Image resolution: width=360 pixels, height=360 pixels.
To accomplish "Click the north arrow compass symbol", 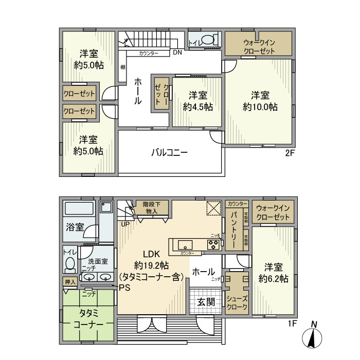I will tap(315, 336).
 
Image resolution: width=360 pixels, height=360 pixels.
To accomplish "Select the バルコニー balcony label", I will tap(169, 153).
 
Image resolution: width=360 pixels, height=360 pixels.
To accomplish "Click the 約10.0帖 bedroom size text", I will tap(260, 107).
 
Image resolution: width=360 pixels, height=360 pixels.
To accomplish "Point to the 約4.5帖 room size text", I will tap(197, 107).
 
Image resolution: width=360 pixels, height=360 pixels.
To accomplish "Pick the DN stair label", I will tap(177, 52).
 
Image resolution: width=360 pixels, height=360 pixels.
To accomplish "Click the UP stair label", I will tap(125, 224).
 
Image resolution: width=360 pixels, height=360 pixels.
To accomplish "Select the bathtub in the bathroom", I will tap(78, 210).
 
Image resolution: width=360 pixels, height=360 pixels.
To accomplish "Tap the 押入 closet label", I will tap(70, 282).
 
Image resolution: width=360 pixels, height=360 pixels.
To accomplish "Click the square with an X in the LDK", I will tap(213, 207).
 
